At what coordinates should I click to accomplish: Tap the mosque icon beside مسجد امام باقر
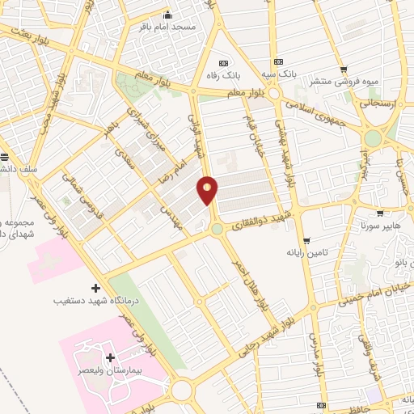pos(168,15)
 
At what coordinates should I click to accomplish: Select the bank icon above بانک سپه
pos(279,61)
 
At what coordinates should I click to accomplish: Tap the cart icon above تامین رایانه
pos(306,240)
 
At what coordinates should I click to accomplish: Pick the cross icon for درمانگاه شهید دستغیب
pos(96,288)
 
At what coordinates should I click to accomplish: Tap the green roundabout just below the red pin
pos(218,230)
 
